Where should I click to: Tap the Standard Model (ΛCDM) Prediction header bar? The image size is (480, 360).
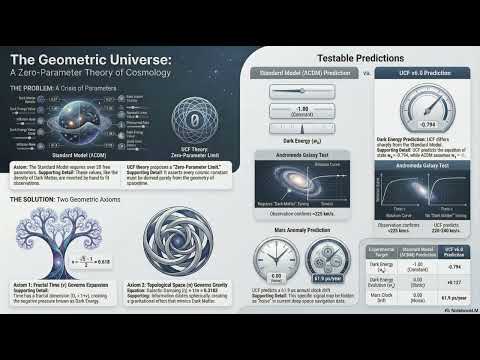301,74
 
